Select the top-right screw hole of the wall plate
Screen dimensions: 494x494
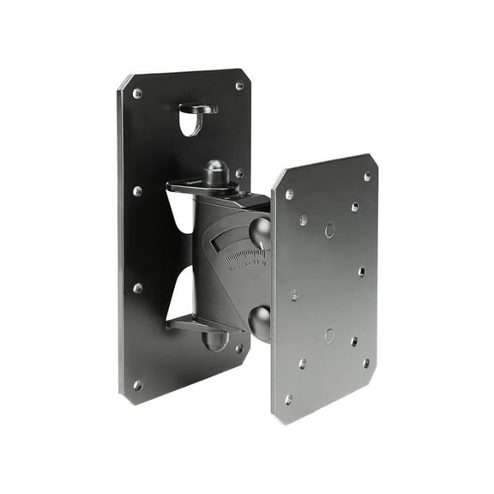[x=239, y=86]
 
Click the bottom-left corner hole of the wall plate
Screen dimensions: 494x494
[x=138, y=386]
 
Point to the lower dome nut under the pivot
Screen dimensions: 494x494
[x=214, y=340]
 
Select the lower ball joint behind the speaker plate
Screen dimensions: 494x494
[x=259, y=320]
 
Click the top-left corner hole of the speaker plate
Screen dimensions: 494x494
[x=289, y=195]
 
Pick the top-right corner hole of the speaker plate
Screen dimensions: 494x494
[x=367, y=177]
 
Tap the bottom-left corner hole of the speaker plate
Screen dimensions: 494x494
[x=288, y=400]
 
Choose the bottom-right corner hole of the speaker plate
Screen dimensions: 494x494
[x=366, y=363]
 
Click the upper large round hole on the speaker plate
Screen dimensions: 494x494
[x=329, y=230]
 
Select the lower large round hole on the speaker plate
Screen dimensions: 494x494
[x=329, y=335]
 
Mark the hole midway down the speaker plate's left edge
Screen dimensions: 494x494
[x=295, y=295]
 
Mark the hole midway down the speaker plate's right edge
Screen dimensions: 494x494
[x=361, y=272]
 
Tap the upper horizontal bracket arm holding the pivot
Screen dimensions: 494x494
[x=197, y=186]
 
